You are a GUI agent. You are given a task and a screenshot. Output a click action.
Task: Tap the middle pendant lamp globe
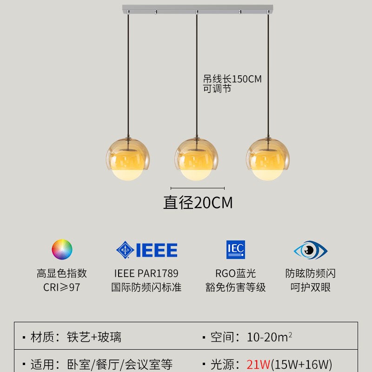click(196, 158)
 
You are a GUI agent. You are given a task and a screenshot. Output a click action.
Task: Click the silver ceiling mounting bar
click(198, 9)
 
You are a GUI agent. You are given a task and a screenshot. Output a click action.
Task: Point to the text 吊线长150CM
click(232, 79)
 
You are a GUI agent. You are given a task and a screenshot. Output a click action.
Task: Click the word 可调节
click(217, 89)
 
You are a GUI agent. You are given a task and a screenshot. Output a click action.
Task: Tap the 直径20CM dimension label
click(198, 203)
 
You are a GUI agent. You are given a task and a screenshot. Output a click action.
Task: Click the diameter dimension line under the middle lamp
click(198, 188)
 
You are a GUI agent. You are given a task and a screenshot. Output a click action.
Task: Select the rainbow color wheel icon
click(62, 249)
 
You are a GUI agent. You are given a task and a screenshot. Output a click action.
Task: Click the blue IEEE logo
click(147, 250)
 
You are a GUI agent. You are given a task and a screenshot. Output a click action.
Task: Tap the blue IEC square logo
click(235, 250)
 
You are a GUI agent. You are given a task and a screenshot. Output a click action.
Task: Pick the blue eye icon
click(310, 250)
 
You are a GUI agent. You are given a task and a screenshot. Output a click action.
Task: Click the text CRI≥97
click(62, 287)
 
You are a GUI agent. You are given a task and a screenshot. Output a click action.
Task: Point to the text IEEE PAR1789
click(146, 273)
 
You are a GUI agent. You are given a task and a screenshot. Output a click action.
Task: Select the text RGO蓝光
click(235, 273)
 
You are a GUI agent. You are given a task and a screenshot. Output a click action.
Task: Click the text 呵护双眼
click(310, 287)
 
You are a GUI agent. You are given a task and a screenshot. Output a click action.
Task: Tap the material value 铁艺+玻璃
click(94, 337)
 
